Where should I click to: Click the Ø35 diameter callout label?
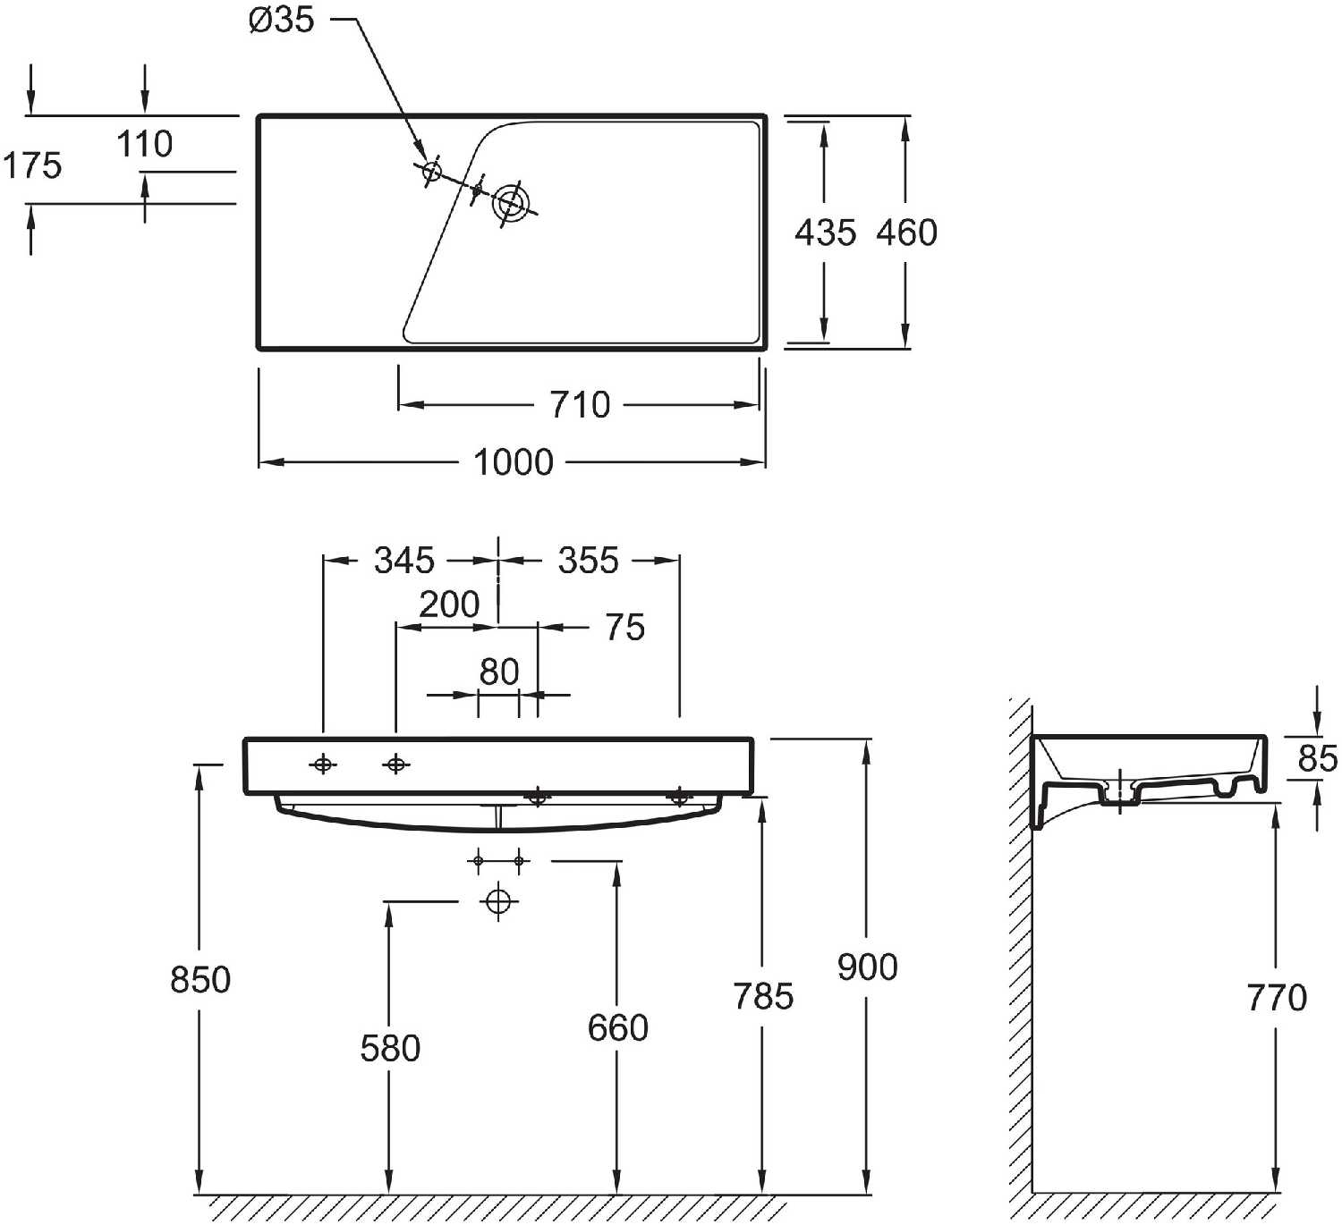281,20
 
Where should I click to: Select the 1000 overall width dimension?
514,462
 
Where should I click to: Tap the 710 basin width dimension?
580,404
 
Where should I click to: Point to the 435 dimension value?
825,232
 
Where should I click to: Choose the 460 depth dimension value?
906,232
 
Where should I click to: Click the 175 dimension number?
32,165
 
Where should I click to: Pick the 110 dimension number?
145,144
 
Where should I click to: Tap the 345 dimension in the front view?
404,561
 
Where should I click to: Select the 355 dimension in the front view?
589,561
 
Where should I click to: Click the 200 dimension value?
449,604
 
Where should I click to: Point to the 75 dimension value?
624,627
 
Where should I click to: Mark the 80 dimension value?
499,672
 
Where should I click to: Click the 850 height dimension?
200,980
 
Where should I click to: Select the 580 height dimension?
390,1049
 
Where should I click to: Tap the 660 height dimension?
618,1027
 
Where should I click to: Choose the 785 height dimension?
763,996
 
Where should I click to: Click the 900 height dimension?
867,967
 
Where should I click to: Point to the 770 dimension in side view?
1277,998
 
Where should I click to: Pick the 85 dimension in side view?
1317,758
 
